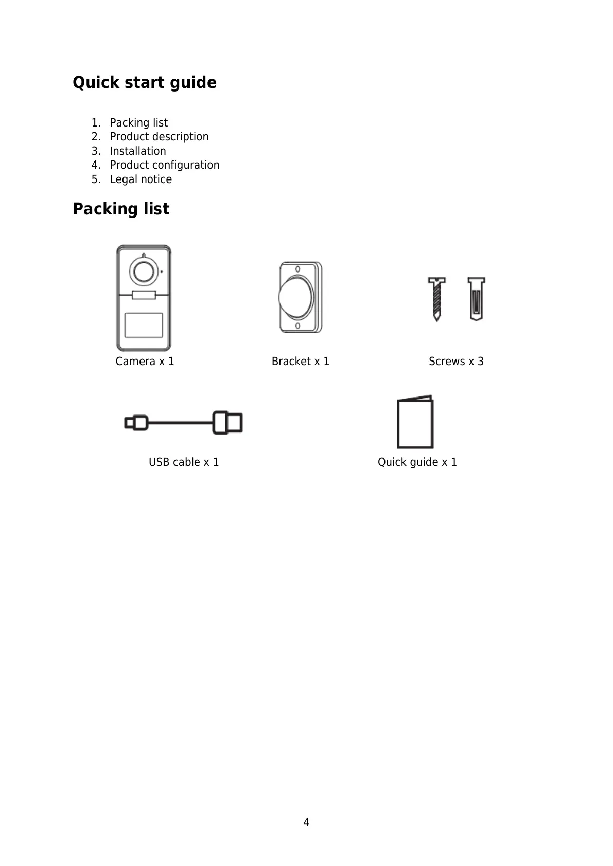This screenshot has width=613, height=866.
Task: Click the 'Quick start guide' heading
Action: click(x=145, y=83)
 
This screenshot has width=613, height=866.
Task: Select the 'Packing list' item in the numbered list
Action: click(x=138, y=123)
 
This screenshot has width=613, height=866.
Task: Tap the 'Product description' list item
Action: click(x=159, y=137)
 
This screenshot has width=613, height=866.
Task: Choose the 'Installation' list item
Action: click(x=138, y=151)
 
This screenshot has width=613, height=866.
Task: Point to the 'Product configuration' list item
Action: click(x=164, y=165)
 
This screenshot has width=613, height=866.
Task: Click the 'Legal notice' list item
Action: click(x=141, y=179)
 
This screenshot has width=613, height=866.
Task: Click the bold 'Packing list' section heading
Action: click(x=121, y=209)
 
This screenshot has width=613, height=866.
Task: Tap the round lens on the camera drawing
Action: click(x=143, y=270)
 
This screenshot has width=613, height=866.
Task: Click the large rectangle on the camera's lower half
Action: click(x=144, y=325)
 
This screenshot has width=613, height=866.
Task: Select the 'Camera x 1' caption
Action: click(x=145, y=362)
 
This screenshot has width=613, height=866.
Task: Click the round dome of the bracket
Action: click(x=295, y=297)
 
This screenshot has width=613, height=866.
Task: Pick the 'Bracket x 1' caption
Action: click(x=301, y=362)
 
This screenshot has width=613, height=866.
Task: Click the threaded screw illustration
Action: click(x=436, y=299)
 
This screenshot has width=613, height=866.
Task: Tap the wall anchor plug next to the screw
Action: click(x=476, y=299)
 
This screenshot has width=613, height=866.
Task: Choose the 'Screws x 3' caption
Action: click(x=456, y=362)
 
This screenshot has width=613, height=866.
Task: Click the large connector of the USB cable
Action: click(x=228, y=422)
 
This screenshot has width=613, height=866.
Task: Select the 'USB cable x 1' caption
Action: click(x=184, y=462)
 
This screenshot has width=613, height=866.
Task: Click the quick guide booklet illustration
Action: click(x=415, y=423)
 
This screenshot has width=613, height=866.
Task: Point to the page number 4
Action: click(x=306, y=823)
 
